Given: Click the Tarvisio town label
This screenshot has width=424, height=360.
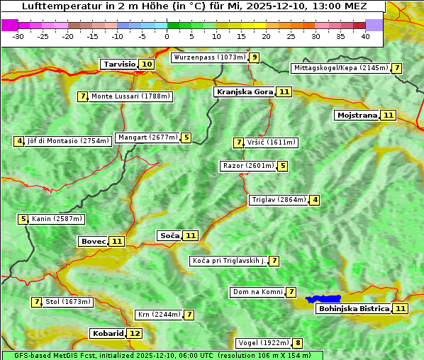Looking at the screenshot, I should (119, 64).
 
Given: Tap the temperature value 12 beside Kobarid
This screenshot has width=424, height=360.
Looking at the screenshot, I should (135, 333).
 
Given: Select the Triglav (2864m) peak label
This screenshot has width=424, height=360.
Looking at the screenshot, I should (279, 200).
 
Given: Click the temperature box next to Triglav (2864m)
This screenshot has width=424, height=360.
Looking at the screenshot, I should (315, 200).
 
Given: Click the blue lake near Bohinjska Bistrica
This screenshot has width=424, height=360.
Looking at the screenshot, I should (324, 300).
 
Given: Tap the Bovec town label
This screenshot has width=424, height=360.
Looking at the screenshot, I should (93, 241).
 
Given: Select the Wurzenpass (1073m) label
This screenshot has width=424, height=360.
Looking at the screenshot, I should (209, 57).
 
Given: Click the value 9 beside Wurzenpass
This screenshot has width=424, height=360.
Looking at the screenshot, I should (254, 57).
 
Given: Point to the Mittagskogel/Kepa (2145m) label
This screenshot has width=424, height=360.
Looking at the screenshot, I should (340, 68).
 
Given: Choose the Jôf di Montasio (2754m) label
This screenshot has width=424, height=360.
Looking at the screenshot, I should (68, 141).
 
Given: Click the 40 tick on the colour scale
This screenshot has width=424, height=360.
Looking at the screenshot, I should (365, 35).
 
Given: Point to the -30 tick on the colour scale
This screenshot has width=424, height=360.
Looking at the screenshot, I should (18, 35).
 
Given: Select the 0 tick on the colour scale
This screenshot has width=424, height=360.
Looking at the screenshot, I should (167, 35).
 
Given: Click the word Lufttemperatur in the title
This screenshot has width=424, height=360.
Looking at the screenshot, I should (41, 6).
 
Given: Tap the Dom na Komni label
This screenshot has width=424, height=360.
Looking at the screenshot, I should (258, 292).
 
